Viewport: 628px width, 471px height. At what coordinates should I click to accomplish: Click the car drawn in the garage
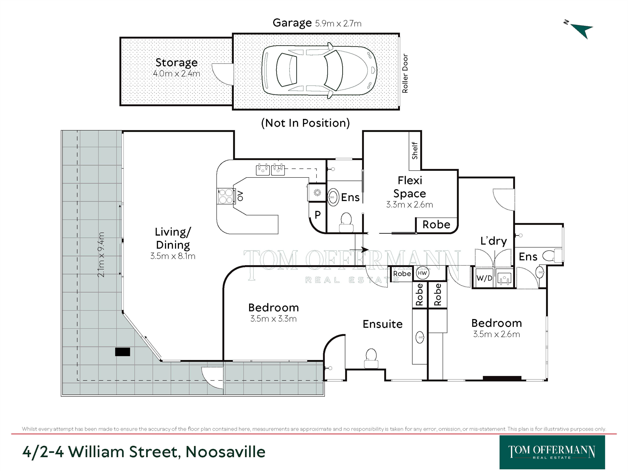point(319,70)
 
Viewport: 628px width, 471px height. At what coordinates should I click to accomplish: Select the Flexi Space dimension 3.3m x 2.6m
point(409,205)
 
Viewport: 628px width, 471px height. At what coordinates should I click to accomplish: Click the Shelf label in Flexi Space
point(415,150)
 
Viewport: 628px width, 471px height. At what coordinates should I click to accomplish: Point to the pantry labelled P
point(317,215)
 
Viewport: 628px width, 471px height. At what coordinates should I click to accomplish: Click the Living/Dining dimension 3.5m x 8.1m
point(173,256)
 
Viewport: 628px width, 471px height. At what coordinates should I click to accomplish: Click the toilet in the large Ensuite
point(371,359)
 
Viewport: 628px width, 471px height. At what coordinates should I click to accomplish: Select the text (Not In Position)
point(306,123)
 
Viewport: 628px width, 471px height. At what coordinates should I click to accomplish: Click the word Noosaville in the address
point(225,452)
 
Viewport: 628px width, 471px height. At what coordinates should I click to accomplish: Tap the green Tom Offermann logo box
point(552,452)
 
